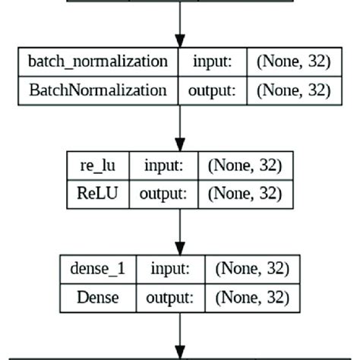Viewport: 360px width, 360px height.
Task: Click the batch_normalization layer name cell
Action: click(97, 62)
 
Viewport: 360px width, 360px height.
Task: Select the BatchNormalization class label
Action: click(97, 90)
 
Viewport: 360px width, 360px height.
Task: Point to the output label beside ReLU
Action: click(163, 194)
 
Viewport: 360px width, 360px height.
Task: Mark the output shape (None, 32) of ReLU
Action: click(244, 194)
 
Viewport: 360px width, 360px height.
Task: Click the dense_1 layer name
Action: click(98, 269)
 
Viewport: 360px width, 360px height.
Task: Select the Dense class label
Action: click(98, 297)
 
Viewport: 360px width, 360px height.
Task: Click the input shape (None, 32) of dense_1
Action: click(251, 269)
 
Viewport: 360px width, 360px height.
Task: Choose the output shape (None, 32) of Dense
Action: click(251, 297)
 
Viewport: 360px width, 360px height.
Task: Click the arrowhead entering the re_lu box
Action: click(180, 145)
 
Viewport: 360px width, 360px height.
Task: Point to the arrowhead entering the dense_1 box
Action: click(180, 248)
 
